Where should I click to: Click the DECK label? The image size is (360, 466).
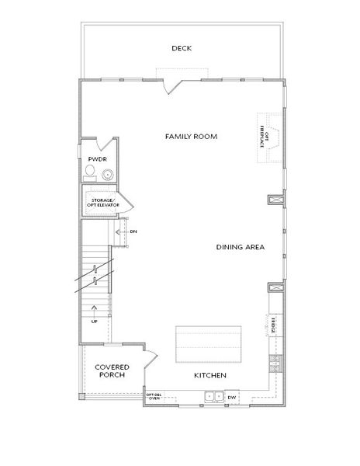182,48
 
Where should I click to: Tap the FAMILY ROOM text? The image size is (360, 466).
190,136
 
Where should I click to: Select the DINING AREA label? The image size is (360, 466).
241,247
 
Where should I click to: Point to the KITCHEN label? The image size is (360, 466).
209,376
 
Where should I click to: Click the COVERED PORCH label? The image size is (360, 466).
112,370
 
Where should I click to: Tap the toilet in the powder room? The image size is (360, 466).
90,172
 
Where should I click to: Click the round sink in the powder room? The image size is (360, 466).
106,174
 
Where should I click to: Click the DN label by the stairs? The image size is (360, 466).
133,231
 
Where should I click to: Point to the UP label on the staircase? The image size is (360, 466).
95,320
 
